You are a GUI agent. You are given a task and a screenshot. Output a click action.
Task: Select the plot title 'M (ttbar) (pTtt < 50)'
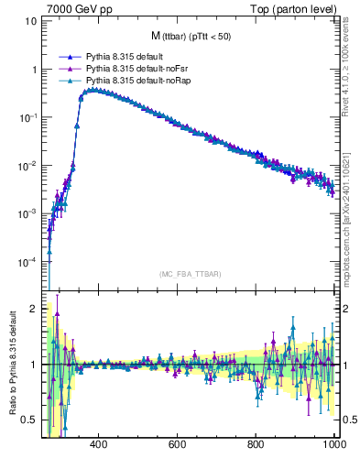[190, 36]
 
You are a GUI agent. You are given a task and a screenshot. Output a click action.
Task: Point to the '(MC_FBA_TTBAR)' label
[190, 274]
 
